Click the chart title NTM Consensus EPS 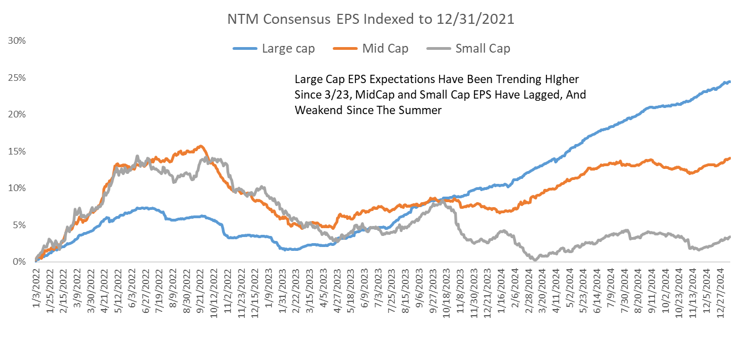371,20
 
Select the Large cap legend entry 288,49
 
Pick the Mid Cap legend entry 385,49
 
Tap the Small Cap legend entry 482,49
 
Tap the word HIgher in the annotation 560,79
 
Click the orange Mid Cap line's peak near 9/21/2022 200,146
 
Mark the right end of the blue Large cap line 730,82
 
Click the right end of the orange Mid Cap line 730,158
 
